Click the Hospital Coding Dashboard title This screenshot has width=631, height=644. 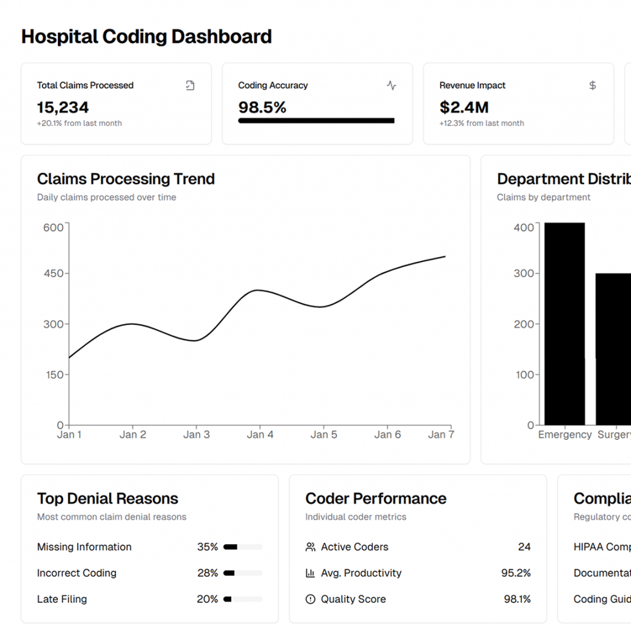click(x=146, y=36)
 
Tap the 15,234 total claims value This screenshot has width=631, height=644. click(x=63, y=107)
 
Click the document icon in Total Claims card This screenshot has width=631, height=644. click(x=190, y=86)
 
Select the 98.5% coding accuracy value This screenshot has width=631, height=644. click(x=263, y=107)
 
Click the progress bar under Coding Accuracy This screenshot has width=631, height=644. click(x=316, y=121)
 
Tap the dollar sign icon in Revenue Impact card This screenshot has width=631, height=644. click(x=592, y=86)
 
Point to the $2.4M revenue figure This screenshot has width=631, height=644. click(x=464, y=107)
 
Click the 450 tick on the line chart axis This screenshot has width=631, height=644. click(x=54, y=273)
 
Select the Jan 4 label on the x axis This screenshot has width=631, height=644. click(x=260, y=434)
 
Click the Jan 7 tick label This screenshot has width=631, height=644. click(x=441, y=434)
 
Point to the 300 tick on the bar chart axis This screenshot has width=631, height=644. click(x=524, y=273)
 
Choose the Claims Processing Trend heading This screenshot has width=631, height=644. click(x=126, y=179)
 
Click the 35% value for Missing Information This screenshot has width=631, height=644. click(x=208, y=547)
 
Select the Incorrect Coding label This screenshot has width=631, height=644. click(x=76, y=573)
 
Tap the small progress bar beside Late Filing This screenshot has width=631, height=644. click(x=243, y=599)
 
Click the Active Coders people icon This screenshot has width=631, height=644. click(x=311, y=547)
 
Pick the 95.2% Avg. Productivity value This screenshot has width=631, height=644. click(x=516, y=573)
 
